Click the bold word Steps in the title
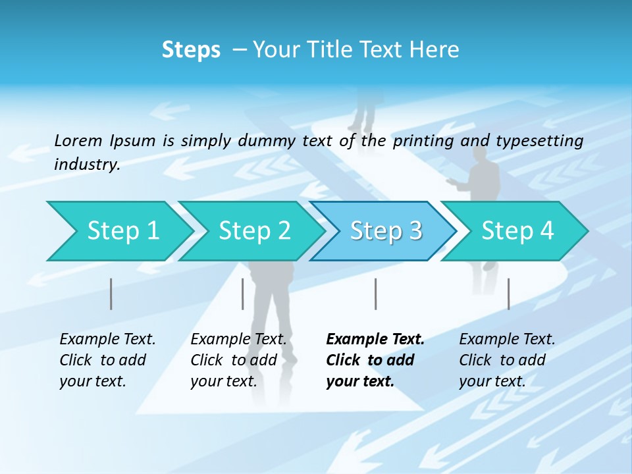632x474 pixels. [191, 50]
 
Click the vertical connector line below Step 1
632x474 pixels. [111, 294]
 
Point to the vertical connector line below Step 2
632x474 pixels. [243, 294]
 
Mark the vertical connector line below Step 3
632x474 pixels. [375, 294]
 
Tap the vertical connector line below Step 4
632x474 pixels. [508, 294]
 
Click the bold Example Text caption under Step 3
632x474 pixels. [375, 360]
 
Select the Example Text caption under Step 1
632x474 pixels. [107, 360]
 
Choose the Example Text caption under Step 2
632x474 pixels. [238, 360]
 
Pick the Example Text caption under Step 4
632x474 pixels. [507, 360]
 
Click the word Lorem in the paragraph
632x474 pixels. [78, 140]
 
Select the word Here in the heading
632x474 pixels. [434, 50]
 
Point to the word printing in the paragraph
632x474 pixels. [421, 140]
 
